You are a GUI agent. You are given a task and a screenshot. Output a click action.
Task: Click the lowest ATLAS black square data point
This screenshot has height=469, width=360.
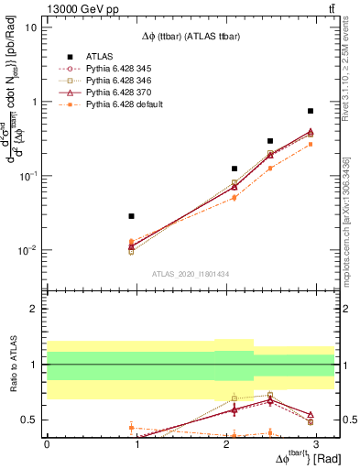point(132,216)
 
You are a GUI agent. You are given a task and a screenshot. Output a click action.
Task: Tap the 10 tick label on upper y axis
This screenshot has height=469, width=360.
point(31,27)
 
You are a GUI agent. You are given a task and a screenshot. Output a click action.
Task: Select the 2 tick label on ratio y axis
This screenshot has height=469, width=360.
point(35,309)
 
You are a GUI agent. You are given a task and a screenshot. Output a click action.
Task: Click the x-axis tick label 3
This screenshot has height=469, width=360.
point(315,444)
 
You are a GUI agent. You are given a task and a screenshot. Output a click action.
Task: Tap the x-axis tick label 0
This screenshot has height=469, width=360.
point(47,444)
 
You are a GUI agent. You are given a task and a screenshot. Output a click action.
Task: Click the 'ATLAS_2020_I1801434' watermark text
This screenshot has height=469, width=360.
point(190,274)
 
